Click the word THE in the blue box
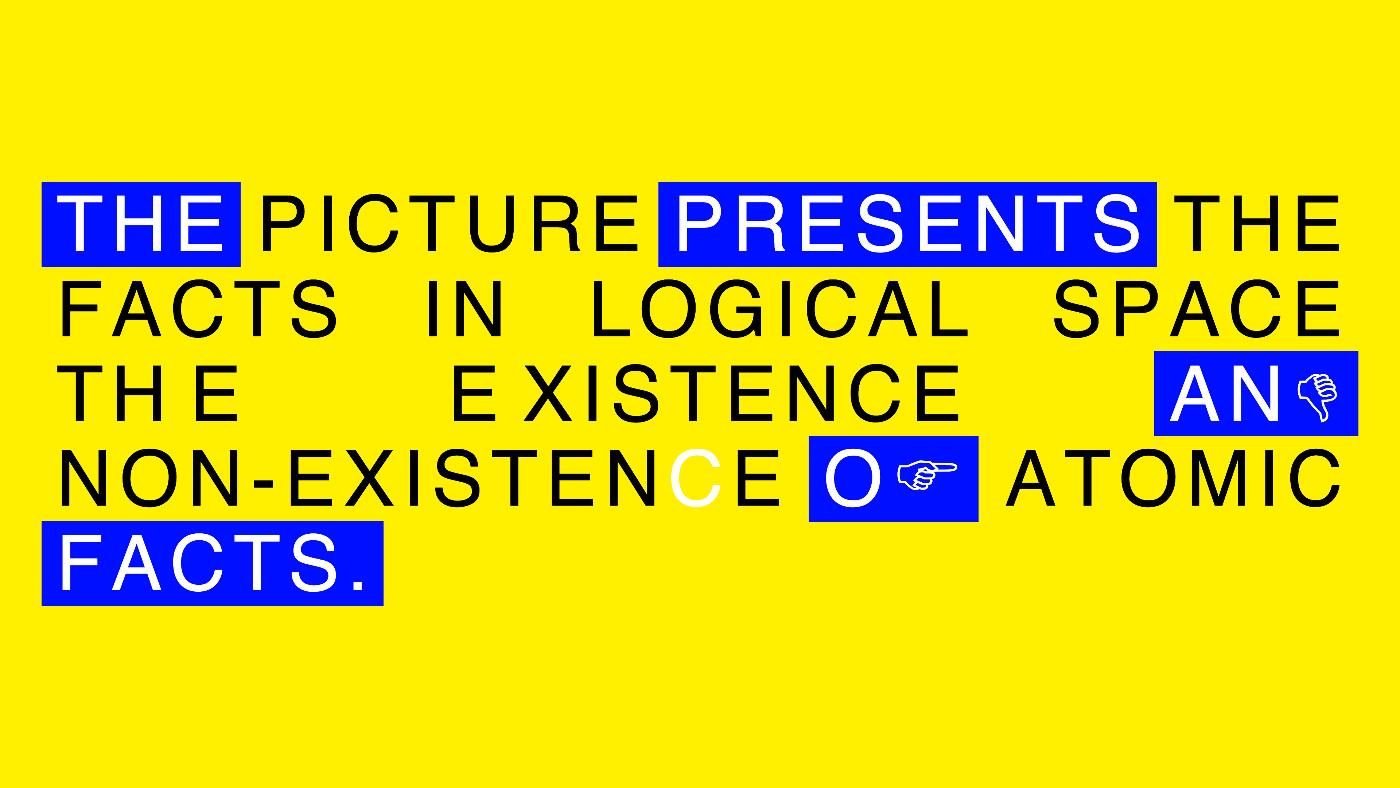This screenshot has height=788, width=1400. [140, 224]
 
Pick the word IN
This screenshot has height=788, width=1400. [465, 308]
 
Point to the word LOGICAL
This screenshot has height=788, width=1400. [781, 308]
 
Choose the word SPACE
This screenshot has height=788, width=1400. [1196, 308]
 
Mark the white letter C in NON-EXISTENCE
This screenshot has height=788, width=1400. [696, 478]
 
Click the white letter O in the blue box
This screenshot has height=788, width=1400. [853, 478]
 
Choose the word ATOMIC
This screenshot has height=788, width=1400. [1173, 478]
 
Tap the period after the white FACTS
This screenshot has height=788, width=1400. [358, 586]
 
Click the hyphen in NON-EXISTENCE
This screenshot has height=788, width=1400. [264, 483]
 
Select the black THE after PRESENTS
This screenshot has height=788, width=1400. [1256, 224]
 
